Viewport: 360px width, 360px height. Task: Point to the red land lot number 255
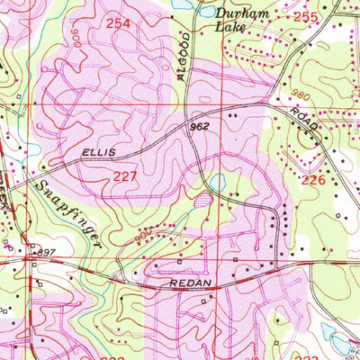click(306, 17)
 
